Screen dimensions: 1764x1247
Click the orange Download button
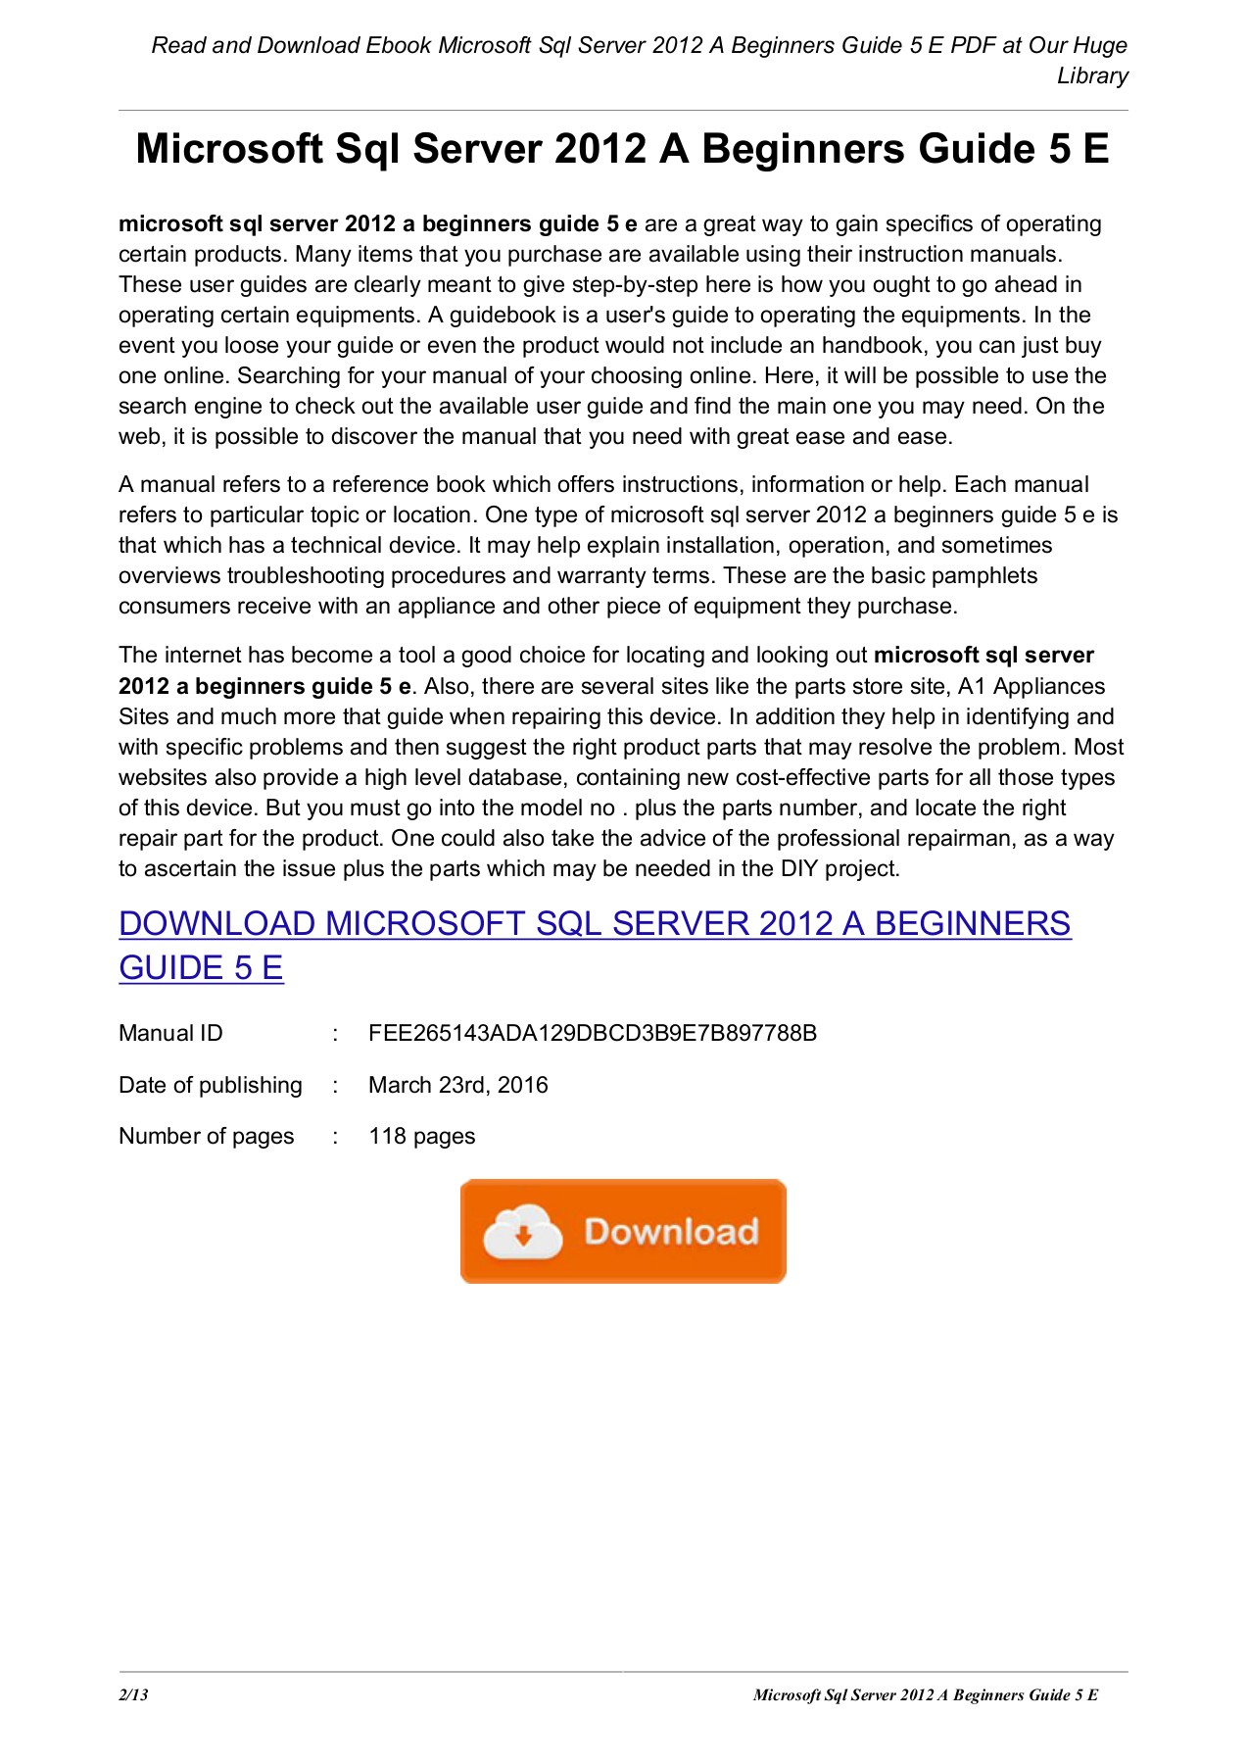[623, 1231]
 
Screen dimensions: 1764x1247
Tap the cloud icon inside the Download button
[523, 1232]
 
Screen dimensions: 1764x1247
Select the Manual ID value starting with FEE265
[592, 1033]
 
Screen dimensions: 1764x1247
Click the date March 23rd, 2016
[457, 1085]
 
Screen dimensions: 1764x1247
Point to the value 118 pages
[421, 1136]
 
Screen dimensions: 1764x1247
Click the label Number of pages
[206, 1136]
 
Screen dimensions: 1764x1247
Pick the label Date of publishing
[210, 1085]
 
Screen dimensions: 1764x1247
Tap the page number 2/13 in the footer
[133, 1694]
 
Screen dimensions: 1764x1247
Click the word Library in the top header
[1092, 75]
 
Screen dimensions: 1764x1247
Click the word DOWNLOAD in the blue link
[216, 923]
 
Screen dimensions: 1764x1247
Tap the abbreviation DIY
[798, 868]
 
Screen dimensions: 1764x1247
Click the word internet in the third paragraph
[203, 655]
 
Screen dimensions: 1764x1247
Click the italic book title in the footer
[925, 1694]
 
